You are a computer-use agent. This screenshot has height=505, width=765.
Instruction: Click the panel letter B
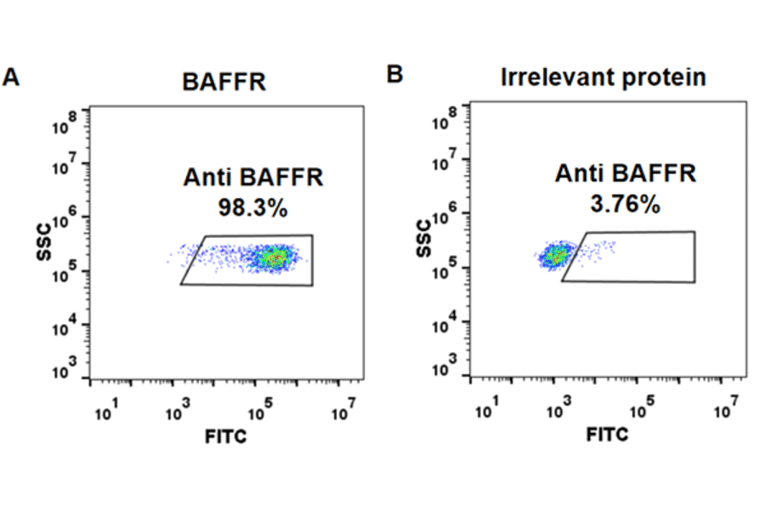[x=394, y=75]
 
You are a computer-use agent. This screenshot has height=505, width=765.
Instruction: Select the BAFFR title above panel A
[x=224, y=82]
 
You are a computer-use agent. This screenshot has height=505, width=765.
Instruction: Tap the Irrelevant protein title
[x=603, y=77]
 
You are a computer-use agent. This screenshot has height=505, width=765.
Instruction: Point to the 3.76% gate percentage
[x=626, y=204]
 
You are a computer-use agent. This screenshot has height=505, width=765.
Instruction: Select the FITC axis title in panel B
[x=607, y=434]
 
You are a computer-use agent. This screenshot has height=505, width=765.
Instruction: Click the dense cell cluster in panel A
[x=275, y=258]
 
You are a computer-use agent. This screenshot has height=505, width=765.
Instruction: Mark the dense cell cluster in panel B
[x=557, y=254]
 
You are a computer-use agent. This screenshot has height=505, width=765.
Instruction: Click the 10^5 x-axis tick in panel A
[x=259, y=411]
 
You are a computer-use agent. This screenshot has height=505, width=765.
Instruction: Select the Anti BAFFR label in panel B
[x=626, y=174]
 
